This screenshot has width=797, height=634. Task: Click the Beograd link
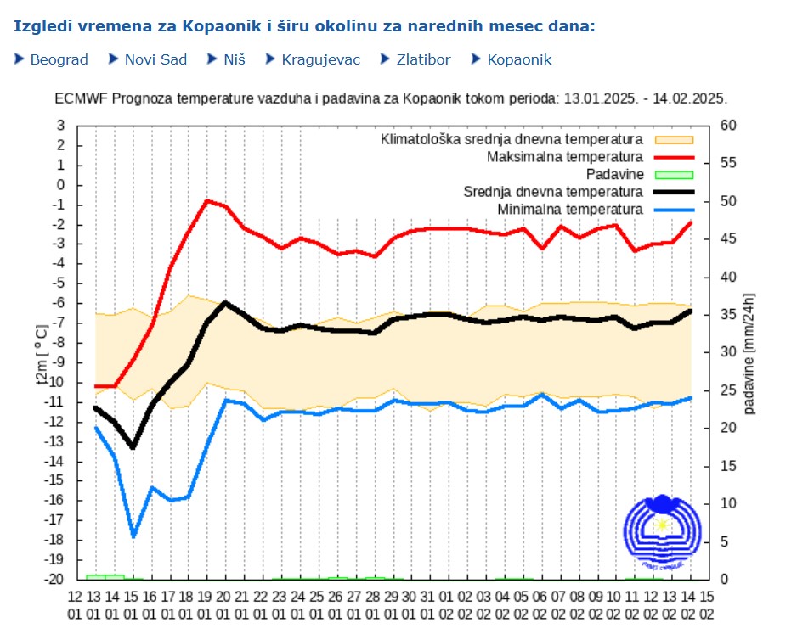tap(59, 59)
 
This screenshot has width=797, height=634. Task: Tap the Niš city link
tap(235, 59)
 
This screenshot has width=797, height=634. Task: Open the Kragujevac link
tap(320, 59)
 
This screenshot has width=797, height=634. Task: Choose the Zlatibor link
tap(423, 59)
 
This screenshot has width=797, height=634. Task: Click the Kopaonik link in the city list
tap(519, 59)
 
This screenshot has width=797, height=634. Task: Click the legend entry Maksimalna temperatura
tap(564, 157)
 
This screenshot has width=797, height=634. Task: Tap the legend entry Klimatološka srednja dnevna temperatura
tap(512, 139)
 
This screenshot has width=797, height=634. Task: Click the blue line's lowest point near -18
tap(133, 536)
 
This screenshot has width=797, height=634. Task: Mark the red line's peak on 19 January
tap(206, 201)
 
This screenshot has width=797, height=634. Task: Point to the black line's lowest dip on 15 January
tap(133, 447)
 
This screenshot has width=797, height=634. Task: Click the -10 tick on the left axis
tap(59, 383)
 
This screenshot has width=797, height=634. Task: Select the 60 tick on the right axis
tap(729, 126)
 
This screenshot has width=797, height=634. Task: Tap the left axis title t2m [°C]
tap(42, 353)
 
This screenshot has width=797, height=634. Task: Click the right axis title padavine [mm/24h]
tap(749, 353)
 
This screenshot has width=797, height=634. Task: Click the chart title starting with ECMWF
tap(391, 98)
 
